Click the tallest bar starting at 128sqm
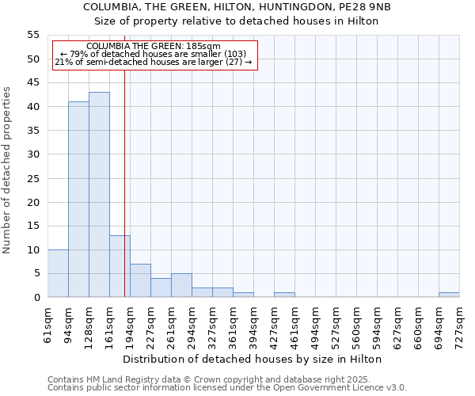click(x=99, y=195)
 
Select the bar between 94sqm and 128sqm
click(x=78, y=200)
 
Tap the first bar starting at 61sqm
click(x=58, y=273)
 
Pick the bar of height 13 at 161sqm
click(x=120, y=266)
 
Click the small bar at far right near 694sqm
click(x=449, y=295)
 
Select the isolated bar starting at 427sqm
click(x=284, y=295)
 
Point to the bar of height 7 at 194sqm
click(x=140, y=280)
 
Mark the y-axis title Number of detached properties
click(x=7, y=170)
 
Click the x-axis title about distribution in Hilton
click(x=253, y=359)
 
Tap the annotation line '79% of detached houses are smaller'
click(x=154, y=54)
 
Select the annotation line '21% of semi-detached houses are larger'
click(x=154, y=62)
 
